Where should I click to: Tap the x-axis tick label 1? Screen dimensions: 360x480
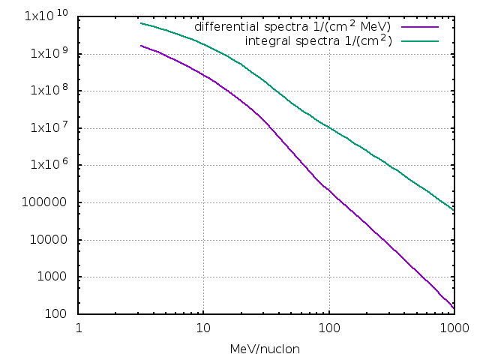pos(79,328)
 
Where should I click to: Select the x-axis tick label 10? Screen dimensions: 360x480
pos(203,328)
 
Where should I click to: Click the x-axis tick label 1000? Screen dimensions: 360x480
pos(453,328)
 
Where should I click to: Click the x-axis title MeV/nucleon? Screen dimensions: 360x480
pos(266,349)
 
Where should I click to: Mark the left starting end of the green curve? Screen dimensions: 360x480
pos(141,23)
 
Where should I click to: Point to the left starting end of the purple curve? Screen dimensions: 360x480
pos(141,46)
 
